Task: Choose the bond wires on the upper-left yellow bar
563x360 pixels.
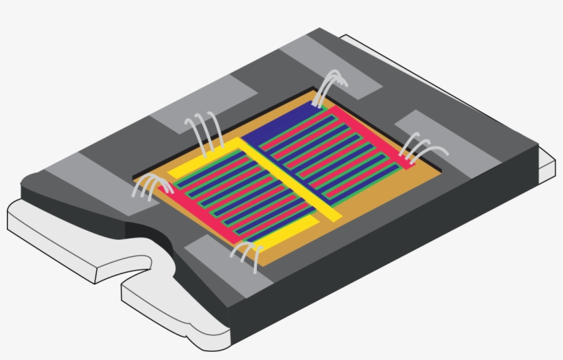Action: click(205, 131)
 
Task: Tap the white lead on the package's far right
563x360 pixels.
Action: click(546, 161)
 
